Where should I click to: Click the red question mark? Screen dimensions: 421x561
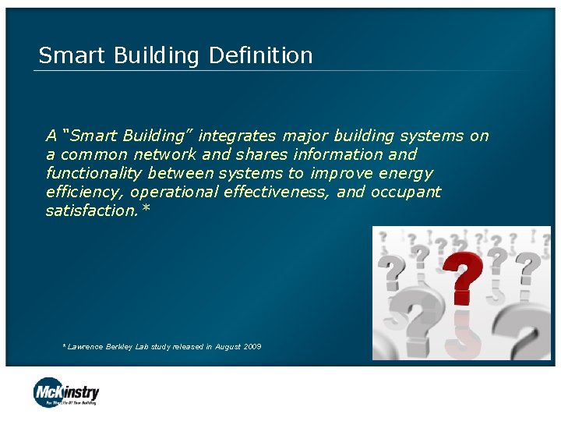pos(464,278)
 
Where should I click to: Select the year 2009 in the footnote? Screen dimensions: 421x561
pos(251,346)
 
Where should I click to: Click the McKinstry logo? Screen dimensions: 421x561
pos(66,391)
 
